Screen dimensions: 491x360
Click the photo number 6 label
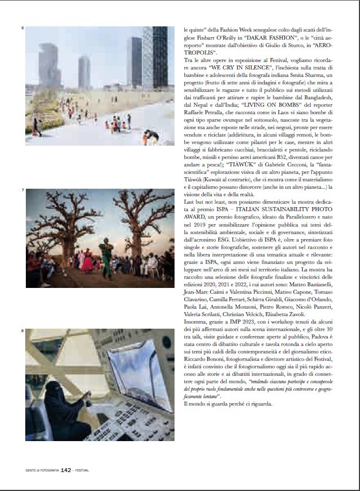22,28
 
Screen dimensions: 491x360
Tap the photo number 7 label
22,190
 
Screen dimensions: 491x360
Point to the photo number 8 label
22,331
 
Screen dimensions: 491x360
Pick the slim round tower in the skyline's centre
84,72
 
